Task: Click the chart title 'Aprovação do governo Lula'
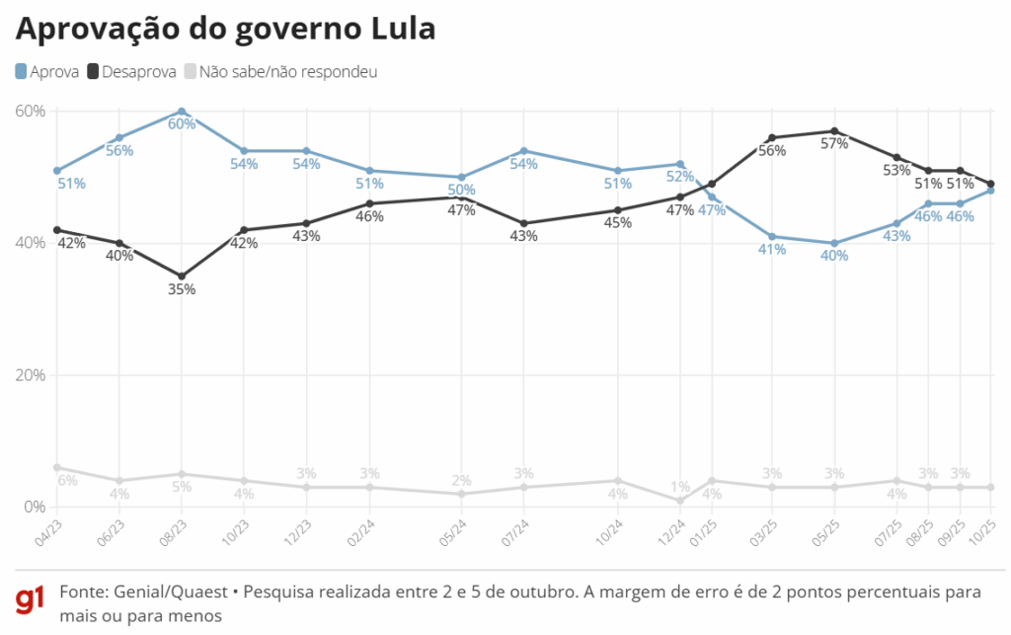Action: (225, 30)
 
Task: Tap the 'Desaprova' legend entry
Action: (132, 71)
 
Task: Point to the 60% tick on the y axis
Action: (31, 111)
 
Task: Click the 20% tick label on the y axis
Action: (31, 375)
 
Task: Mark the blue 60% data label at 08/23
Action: (182, 124)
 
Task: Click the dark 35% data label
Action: (182, 289)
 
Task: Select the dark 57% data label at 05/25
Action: (834, 144)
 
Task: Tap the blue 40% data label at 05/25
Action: (834, 256)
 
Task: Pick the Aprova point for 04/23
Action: (57, 171)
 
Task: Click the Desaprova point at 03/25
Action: (772, 138)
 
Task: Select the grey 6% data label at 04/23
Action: (67, 481)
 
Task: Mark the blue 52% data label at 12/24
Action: (678, 177)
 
